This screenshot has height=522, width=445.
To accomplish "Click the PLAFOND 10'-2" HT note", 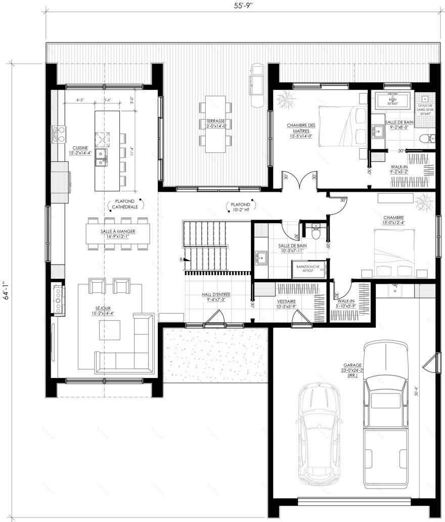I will pos(240,205).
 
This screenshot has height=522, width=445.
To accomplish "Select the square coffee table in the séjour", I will pos(110,331).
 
